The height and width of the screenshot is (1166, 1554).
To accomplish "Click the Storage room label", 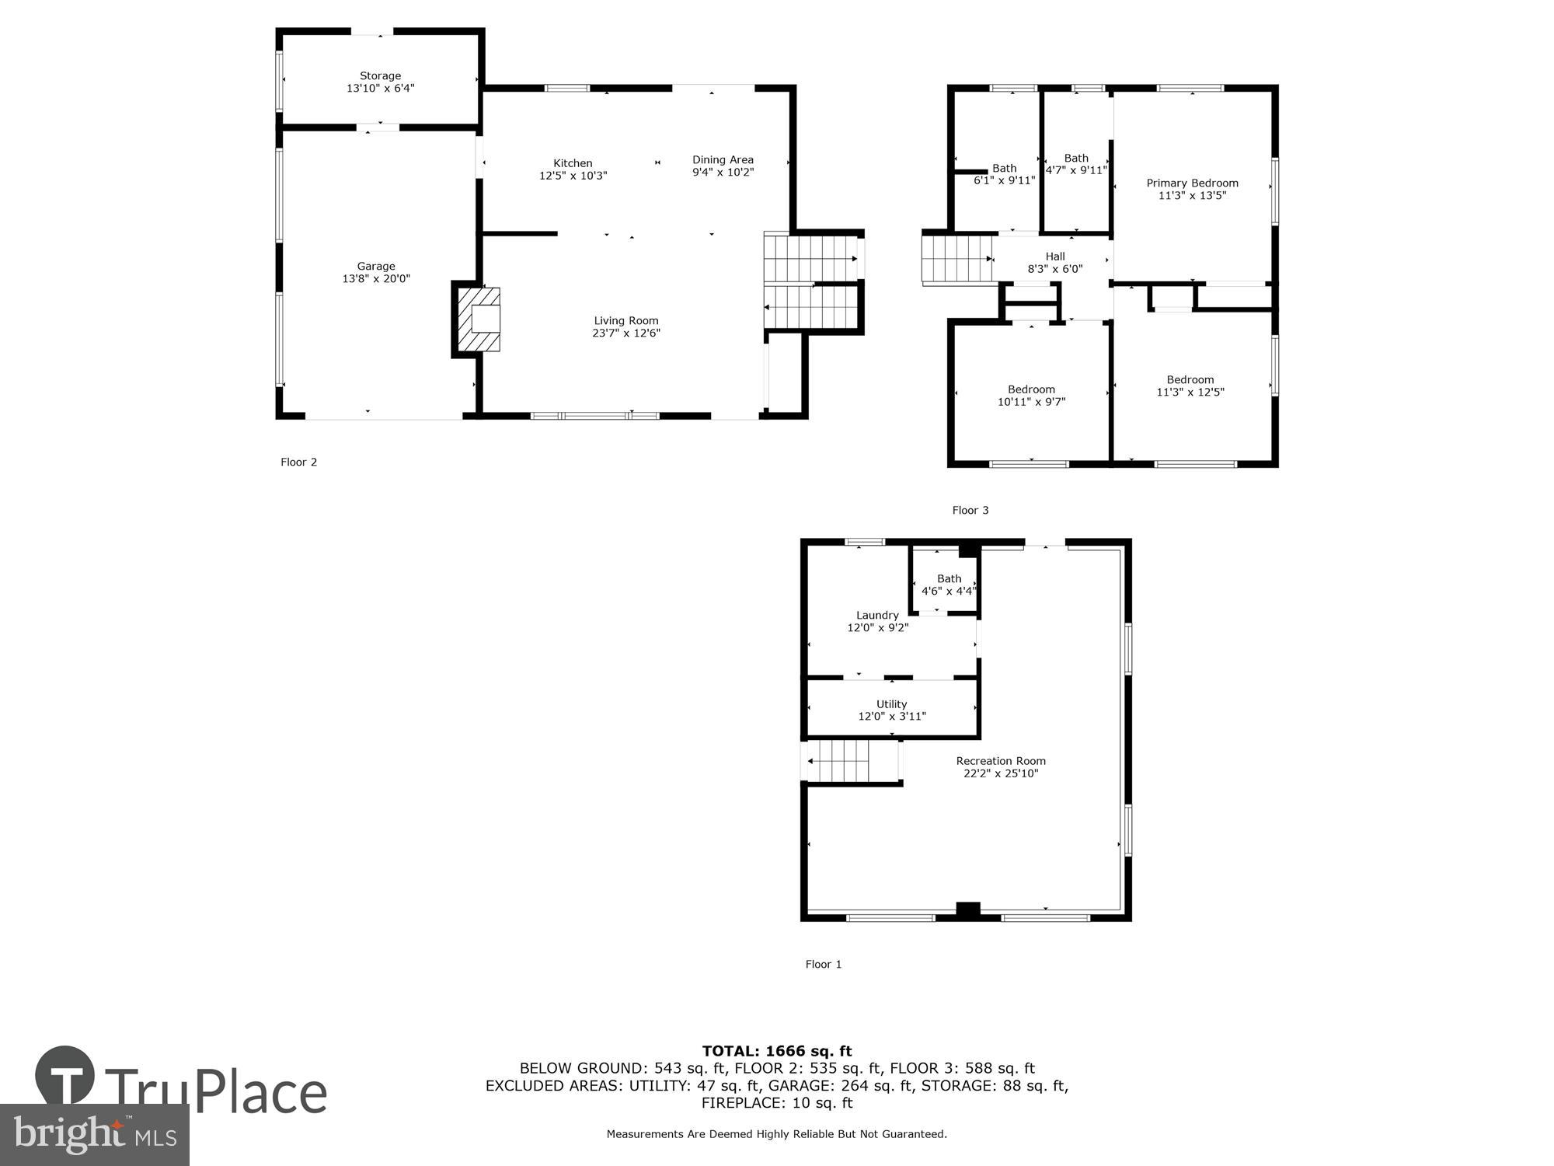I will point(380,76).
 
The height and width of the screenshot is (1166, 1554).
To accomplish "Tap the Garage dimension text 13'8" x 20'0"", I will point(376,278).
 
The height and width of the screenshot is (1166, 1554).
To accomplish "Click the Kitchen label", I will point(573,163).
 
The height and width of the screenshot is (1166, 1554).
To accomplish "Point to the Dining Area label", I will point(723,160).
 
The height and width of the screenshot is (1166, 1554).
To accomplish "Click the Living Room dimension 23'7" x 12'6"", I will point(625,333).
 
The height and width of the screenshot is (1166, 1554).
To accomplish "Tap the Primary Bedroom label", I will point(1192,183).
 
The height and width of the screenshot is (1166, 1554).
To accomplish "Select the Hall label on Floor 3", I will point(1054,257).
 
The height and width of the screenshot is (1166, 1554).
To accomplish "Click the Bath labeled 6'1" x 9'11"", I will point(1004,174).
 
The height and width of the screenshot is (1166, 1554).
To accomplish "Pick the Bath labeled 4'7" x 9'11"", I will point(1076,164).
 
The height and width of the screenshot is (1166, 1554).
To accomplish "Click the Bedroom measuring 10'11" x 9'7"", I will point(1031,396).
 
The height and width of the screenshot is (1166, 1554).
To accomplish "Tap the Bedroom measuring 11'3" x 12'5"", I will point(1190,386).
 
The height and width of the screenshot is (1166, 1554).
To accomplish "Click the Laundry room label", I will point(877,615).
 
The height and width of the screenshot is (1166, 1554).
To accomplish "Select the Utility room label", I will point(891,704).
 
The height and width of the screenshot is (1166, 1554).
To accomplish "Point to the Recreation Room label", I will point(1000,761).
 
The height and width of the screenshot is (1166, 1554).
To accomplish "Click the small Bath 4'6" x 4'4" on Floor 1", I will point(949,585).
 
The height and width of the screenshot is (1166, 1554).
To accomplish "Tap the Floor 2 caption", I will point(298,463).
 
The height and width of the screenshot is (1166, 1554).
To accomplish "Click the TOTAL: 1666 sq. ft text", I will point(776,1052).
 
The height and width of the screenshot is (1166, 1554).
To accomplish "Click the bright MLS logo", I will point(94,1135).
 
